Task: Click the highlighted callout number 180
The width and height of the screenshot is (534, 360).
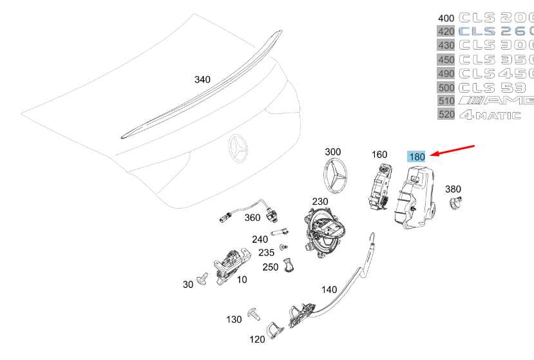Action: click(416, 156)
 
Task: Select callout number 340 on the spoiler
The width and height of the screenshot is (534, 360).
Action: click(202, 79)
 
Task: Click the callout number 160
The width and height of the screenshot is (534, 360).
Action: click(379, 155)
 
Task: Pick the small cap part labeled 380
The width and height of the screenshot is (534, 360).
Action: click(456, 204)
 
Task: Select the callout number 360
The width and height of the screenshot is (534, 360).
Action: click(253, 218)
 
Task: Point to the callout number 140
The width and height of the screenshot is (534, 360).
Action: click(329, 289)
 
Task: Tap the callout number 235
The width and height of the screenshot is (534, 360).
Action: click(266, 252)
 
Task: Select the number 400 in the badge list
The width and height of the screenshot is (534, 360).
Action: click(445, 17)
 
